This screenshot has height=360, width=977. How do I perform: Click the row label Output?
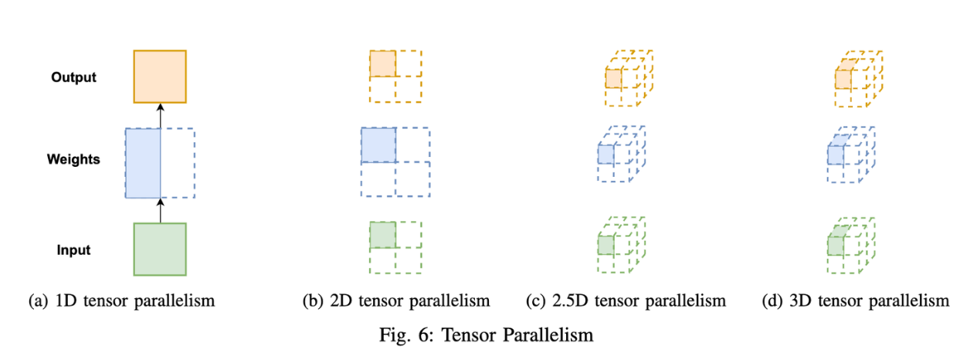pyautogui.click(x=73, y=77)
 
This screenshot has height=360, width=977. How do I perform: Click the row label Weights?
pyautogui.click(x=73, y=159)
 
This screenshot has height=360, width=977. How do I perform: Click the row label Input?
pyautogui.click(x=73, y=250)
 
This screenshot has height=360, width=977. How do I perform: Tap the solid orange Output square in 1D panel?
pyautogui.click(x=160, y=76)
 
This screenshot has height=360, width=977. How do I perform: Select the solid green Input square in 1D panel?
pyautogui.click(x=160, y=249)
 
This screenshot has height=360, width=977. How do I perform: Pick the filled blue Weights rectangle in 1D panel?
pyautogui.click(x=143, y=163)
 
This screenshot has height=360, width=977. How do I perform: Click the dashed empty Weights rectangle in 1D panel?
pyautogui.click(x=178, y=163)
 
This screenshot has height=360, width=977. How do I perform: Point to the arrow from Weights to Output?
pyautogui.click(x=160, y=116)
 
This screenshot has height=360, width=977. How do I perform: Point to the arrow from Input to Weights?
pyautogui.click(x=160, y=210)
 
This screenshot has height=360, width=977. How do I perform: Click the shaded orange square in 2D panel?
pyautogui.click(x=382, y=64)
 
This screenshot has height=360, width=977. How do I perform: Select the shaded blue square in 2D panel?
pyautogui.click(x=378, y=144)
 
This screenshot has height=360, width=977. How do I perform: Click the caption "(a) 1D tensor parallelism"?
pyautogui.click(x=121, y=301)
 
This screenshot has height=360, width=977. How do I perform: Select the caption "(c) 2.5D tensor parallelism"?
pyautogui.click(x=626, y=301)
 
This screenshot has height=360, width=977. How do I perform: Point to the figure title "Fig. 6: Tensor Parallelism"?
pyautogui.click(x=487, y=335)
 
